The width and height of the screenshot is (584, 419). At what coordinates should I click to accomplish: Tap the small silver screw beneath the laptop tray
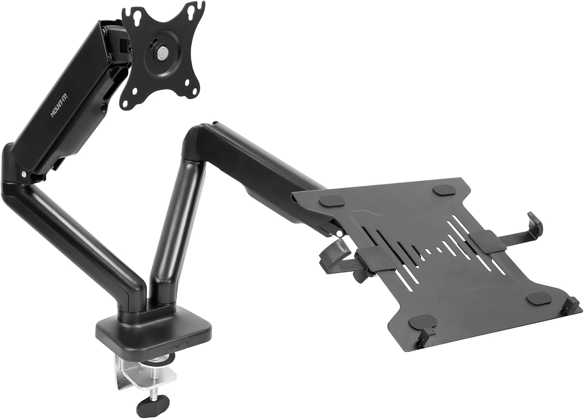tap(340, 234)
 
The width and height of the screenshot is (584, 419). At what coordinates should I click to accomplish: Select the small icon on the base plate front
tap(177, 347)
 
